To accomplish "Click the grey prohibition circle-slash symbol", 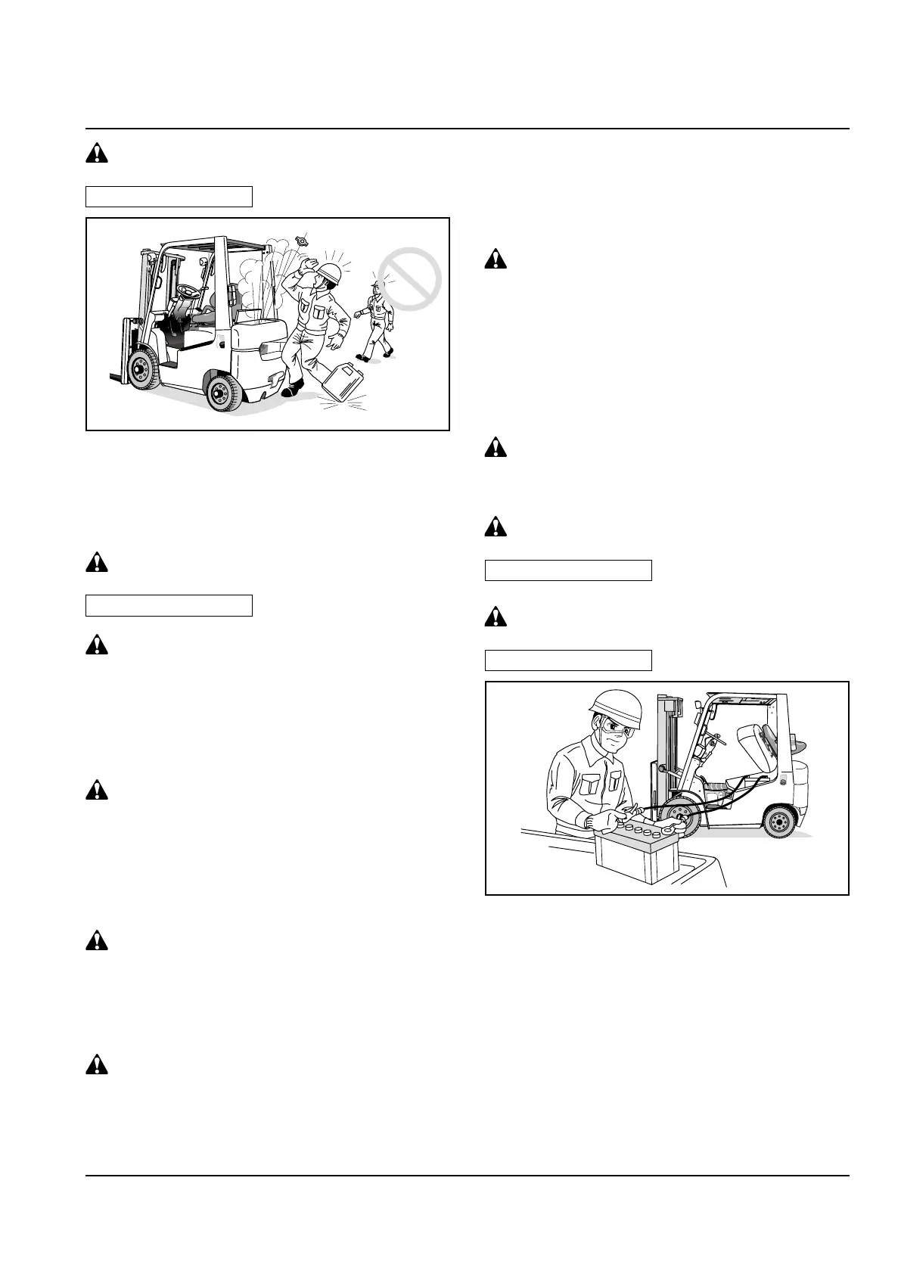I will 409,279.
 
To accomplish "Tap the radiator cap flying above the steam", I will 304,241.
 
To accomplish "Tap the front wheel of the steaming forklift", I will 141,368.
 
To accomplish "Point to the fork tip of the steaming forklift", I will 113,375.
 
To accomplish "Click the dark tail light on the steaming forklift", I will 268,350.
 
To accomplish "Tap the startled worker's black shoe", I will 292,391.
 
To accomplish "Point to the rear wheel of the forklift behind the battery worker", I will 780,820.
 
